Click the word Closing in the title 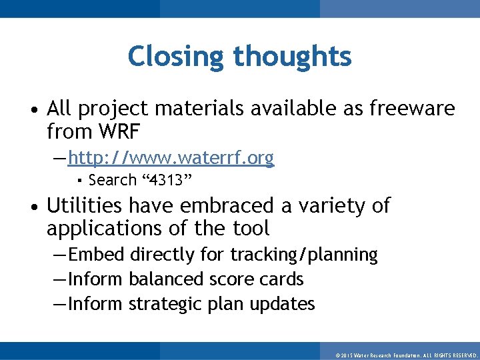pyautogui.click(x=175, y=57)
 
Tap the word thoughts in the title pyautogui.click(x=291, y=57)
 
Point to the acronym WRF pyautogui.click(x=118, y=132)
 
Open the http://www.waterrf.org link pyautogui.click(x=171, y=158)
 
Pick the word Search pyautogui.click(x=112, y=180)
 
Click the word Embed pyautogui.click(x=97, y=255)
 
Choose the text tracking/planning pyautogui.click(x=304, y=255)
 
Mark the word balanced pyautogui.click(x=166, y=279)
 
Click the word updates pyautogui.click(x=282, y=304)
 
